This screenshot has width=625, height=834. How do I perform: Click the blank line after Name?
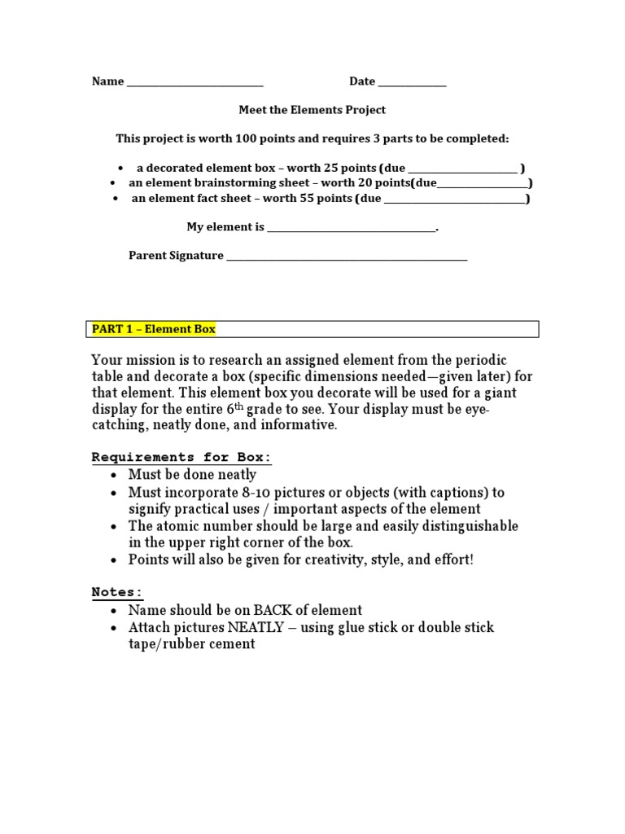[x=194, y=82]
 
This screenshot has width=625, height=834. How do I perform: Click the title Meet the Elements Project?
[x=312, y=109]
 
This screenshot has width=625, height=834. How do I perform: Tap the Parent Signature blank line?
[x=347, y=257]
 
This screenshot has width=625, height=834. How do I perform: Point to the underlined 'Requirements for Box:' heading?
[x=181, y=457]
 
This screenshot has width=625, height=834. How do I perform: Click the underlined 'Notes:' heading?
[x=116, y=592]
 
